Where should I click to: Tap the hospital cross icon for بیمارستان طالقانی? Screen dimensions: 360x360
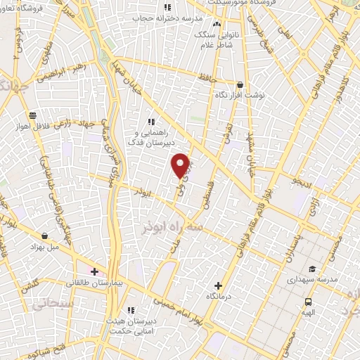[95, 271]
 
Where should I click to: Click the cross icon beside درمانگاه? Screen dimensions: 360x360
[218, 285]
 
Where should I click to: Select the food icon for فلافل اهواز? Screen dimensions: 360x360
[32, 115]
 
